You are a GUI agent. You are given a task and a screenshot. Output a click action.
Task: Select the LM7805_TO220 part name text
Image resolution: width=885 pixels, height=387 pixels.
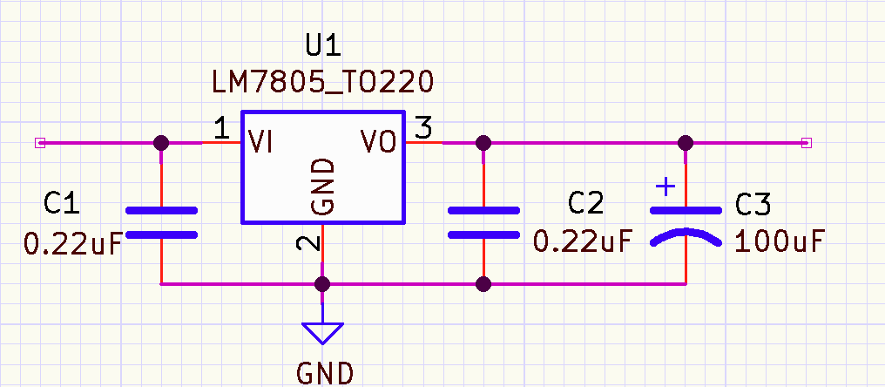point(322,82)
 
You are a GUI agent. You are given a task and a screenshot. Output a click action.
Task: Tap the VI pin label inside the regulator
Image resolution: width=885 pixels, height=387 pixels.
point(260,142)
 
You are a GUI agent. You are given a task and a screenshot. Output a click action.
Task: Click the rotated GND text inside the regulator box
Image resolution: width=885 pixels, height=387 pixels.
point(322,187)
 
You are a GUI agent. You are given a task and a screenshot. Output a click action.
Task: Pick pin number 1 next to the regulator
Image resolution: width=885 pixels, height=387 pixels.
point(221,130)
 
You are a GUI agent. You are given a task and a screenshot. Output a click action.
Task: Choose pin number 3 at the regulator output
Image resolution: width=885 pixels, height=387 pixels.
point(422,130)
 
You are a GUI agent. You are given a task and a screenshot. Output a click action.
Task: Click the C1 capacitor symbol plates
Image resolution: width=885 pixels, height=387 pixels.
point(161,222)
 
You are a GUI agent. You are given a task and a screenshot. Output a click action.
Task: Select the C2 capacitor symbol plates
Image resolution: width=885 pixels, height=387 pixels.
point(484,222)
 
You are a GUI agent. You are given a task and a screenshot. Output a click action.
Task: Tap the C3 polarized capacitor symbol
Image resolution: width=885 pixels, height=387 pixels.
point(686,224)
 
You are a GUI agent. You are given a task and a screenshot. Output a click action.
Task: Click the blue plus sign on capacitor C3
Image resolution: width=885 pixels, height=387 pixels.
point(665,187)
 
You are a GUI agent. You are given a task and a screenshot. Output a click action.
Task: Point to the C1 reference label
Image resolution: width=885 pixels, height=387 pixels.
point(63,205)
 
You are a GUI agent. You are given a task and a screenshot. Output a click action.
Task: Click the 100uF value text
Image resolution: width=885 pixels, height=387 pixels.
point(779,241)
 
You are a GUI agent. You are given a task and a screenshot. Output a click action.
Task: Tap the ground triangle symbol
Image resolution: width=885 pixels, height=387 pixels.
point(322,332)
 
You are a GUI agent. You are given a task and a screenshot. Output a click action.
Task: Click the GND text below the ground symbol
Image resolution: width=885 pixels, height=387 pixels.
point(326,373)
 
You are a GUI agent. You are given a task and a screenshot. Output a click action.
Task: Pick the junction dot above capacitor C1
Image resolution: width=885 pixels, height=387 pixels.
point(161,143)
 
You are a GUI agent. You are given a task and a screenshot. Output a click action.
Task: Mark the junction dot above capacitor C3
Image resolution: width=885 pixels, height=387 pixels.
point(686,143)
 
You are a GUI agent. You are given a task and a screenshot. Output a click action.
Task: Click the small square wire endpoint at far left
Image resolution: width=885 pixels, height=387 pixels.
point(38,143)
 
